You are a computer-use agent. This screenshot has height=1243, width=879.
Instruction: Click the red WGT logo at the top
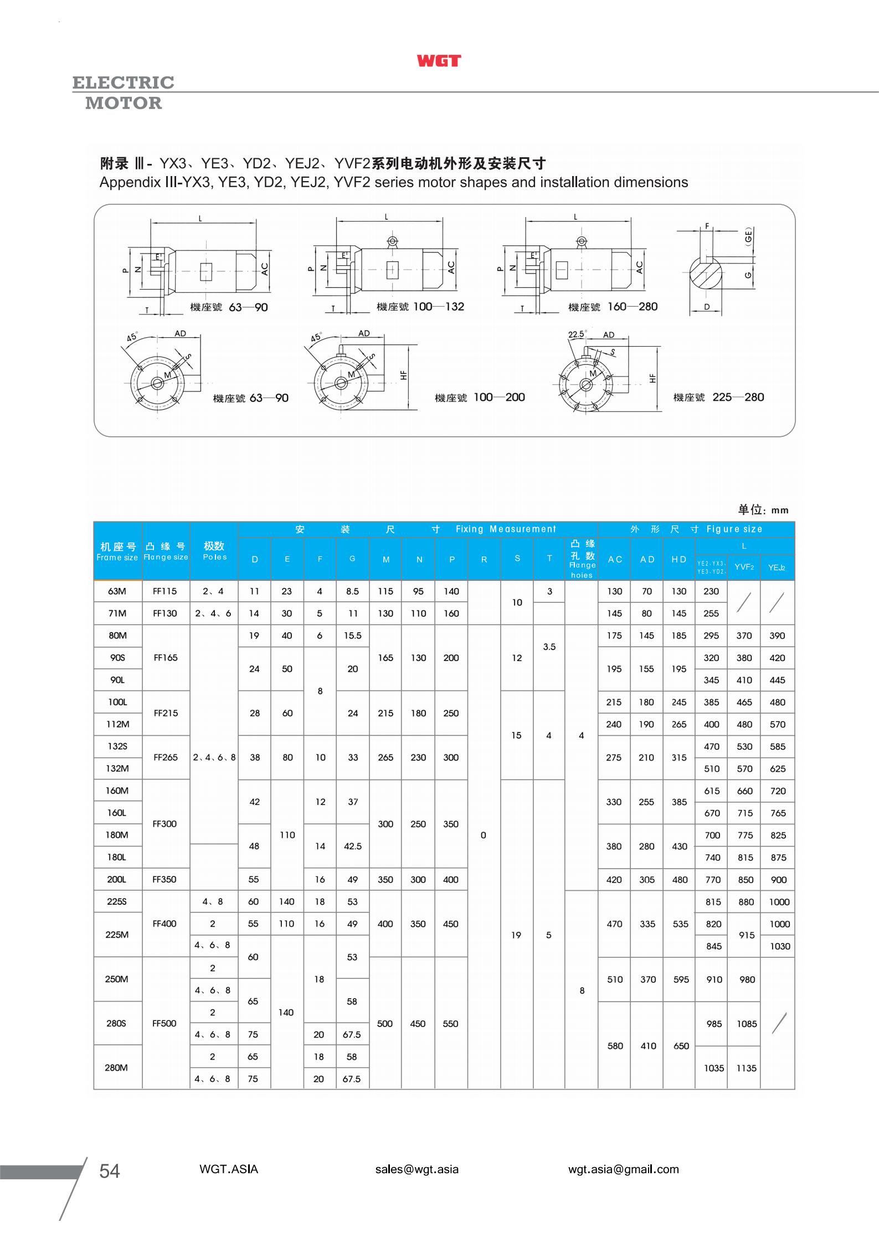tap(439, 61)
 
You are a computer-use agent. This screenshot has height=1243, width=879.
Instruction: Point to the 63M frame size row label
tap(117, 591)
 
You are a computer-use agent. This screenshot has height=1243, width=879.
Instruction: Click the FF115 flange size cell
tap(165, 591)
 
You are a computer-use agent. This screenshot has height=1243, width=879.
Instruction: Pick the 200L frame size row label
tap(117, 879)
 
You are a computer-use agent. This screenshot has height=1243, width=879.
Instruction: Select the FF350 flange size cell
tap(165, 879)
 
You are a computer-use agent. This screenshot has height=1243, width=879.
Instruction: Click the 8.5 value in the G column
tap(352, 591)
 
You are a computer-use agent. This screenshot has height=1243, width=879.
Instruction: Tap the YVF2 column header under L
tap(744, 567)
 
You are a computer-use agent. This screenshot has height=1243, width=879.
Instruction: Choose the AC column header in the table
tap(615, 559)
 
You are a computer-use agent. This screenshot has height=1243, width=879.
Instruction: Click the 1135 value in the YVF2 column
tap(746, 1068)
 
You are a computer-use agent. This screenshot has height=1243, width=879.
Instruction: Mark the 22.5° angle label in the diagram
tap(577, 334)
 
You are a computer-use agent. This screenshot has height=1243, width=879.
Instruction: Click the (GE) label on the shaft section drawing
tap(748, 237)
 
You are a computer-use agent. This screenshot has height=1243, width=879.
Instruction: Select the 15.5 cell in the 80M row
tap(352, 636)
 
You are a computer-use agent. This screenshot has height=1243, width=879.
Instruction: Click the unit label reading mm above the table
tap(779, 510)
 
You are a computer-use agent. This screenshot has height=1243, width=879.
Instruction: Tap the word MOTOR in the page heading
tap(124, 103)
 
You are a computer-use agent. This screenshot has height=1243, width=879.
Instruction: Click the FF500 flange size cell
tap(165, 1023)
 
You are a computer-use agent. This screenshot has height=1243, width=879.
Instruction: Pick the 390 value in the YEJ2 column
tap(777, 636)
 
